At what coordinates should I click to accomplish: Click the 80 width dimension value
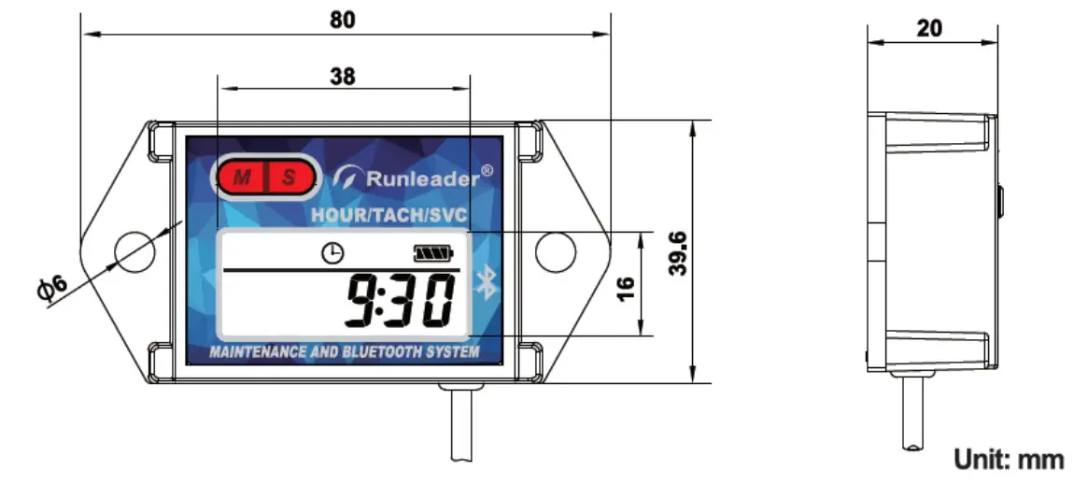pos(343,20)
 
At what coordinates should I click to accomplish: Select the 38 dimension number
pos(343,77)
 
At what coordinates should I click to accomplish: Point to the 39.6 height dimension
pos(679,252)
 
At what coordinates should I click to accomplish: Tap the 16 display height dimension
pos(626,283)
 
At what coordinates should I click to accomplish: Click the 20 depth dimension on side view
pos(929,28)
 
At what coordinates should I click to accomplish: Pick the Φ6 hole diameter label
pos(53,289)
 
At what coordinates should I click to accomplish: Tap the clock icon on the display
pos(332,252)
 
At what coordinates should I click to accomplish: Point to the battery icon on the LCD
pos(431,252)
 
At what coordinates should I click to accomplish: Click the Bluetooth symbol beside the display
pos(485,281)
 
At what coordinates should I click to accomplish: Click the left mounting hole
pos(131,249)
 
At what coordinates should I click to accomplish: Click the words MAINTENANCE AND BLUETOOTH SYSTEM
pos(346,352)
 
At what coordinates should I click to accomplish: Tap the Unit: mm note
pos(1008,459)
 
